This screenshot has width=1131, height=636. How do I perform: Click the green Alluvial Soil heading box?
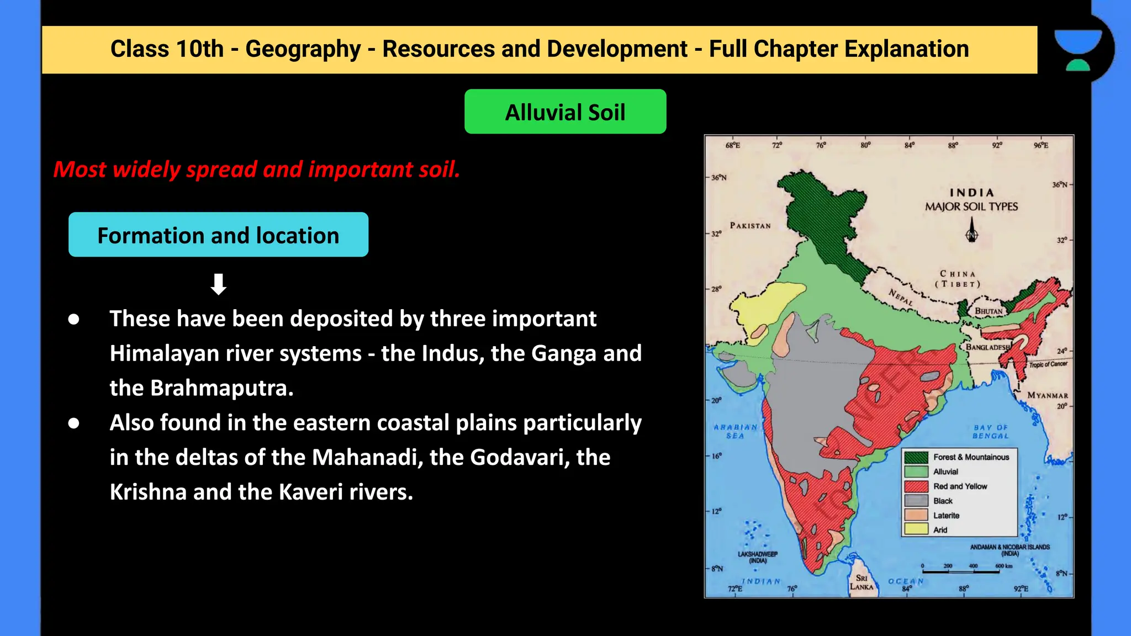coord(565,112)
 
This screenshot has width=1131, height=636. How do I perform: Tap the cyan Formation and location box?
coord(218,235)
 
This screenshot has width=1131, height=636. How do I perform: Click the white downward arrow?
coord(219,284)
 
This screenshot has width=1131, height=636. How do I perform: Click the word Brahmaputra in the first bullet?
coord(221,388)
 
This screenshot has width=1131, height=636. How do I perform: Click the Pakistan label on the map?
coord(750,225)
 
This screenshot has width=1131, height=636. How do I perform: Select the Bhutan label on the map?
coord(989,311)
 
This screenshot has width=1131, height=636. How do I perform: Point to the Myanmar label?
coord(1048,395)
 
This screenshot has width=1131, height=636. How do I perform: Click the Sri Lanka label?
coord(862,582)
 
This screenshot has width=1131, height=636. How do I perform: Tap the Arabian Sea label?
coord(735,431)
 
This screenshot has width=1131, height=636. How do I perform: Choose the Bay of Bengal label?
coord(991,432)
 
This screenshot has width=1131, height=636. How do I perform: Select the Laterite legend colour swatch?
coord(916,515)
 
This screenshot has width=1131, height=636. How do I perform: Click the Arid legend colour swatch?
coord(916,529)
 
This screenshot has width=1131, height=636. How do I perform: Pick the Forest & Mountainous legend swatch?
coord(916,457)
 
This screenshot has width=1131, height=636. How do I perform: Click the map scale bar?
coord(961,571)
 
